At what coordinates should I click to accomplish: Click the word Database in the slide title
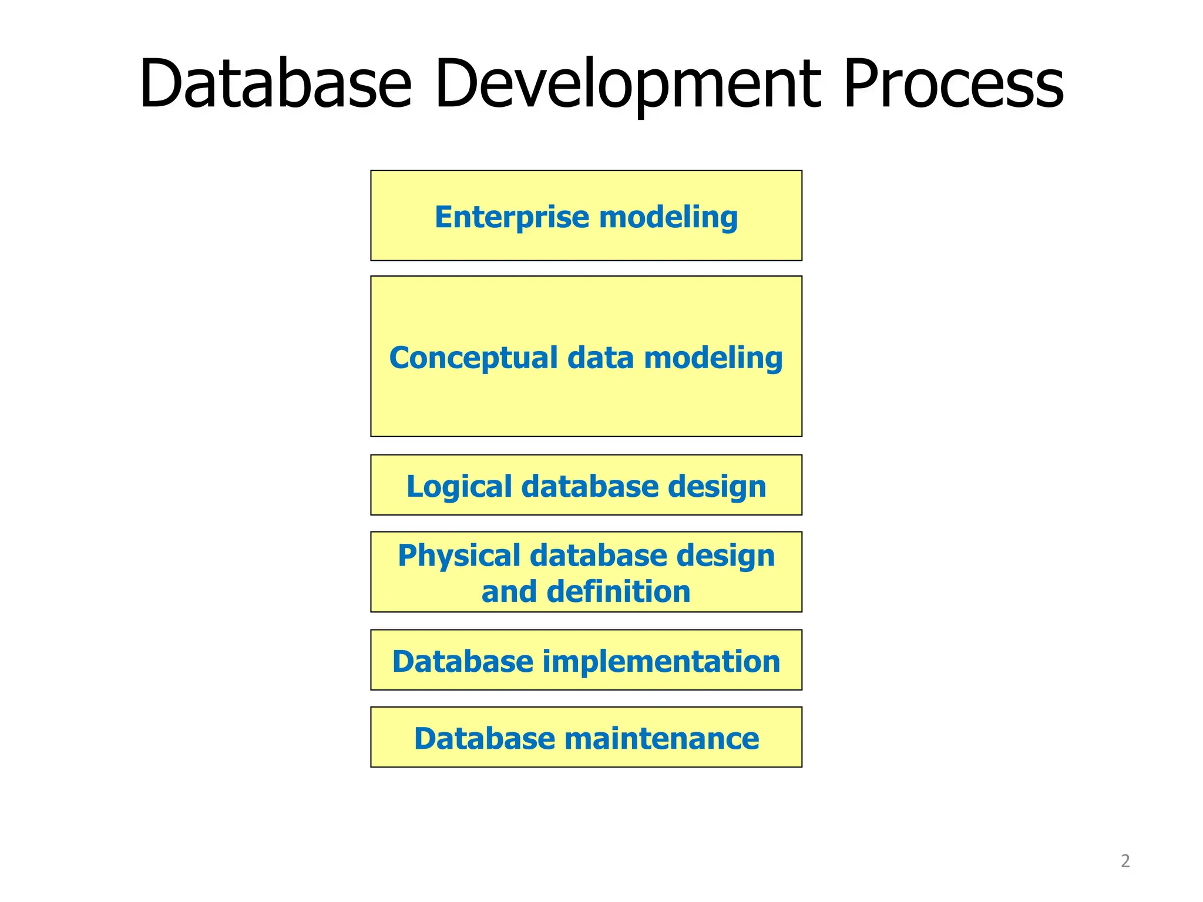[275, 84]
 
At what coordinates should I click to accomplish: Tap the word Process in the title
[953, 84]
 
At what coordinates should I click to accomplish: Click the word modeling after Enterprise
[668, 217]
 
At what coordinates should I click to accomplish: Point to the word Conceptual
[473, 358]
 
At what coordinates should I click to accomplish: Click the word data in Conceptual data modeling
[600, 358]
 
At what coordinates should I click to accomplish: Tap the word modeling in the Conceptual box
[713, 358]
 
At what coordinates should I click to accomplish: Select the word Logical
[459, 487]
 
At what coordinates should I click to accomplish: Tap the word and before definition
[509, 591]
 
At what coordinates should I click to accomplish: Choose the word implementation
[661, 661]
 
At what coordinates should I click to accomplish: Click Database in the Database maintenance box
[484, 739]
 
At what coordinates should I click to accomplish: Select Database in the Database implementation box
[462, 661]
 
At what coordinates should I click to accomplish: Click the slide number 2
[1125, 861]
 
